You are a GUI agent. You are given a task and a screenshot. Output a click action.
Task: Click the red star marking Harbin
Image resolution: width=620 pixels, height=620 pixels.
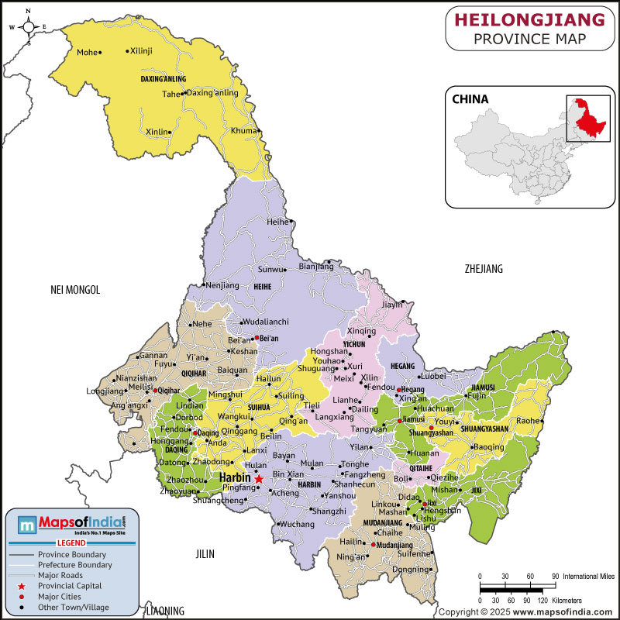(260, 480)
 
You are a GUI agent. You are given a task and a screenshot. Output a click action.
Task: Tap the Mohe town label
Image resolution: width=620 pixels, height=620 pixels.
(87, 53)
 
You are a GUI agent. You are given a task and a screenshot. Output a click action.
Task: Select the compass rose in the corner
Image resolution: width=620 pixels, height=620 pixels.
(29, 26)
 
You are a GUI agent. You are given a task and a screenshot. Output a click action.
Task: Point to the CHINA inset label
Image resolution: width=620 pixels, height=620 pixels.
(470, 99)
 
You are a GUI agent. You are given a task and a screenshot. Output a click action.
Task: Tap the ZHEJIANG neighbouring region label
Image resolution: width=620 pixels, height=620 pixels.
(484, 269)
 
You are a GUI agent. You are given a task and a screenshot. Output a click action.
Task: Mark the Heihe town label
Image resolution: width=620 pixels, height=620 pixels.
(277, 222)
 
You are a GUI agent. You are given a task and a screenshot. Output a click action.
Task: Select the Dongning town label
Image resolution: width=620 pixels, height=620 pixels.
(412, 570)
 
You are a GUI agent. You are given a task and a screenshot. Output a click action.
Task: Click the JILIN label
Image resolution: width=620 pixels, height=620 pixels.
(205, 553)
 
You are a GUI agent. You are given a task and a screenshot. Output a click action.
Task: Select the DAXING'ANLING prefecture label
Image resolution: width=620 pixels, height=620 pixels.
(164, 79)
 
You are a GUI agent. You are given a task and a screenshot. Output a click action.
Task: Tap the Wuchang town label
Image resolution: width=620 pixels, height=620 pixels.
(298, 525)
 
